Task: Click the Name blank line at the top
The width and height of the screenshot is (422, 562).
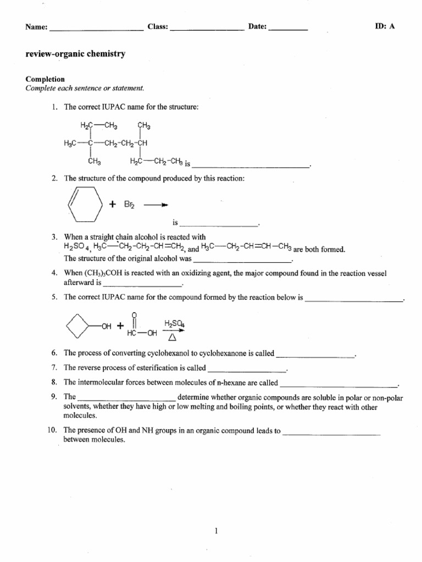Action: tap(96, 29)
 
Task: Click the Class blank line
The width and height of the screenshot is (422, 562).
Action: tap(207, 29)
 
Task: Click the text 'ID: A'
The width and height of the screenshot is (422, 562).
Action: tap(384, 26)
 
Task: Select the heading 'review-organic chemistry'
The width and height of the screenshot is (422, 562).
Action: tap(76, 54)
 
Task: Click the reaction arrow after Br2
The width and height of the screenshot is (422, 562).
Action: tap(156, 204)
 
